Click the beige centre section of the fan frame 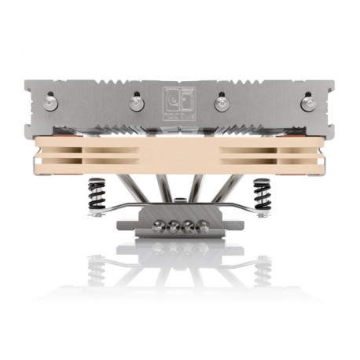pyautogui.click(x=180, y=155)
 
